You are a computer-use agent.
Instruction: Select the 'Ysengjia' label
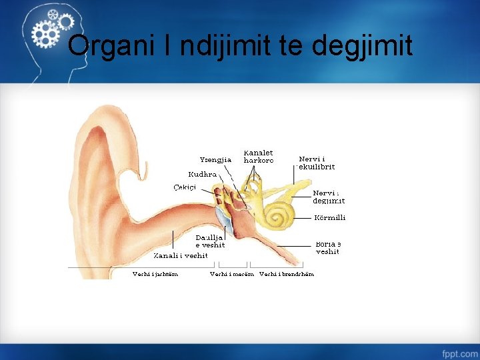coord(215,159)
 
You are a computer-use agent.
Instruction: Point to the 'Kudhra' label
coord(202,174)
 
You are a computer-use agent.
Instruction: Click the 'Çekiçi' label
coord(187,187)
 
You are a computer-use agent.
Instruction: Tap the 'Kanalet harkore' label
coord(258,157)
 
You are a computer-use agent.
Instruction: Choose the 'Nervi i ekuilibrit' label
coord(317,163)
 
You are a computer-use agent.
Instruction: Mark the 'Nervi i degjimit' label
coord(329,197)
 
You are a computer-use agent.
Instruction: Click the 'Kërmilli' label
coord(329,217)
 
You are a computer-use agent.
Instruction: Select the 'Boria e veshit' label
coord(328,248)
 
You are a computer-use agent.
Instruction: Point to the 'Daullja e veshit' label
coord(209,241)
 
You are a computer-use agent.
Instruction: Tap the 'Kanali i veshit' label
coord(181,255)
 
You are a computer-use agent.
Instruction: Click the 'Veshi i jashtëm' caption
coord(155,273)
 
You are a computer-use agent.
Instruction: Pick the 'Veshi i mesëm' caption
coord(231,273)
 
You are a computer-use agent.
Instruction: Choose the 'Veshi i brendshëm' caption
coord(287,273)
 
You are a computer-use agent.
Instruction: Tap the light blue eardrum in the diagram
coord(222,216)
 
